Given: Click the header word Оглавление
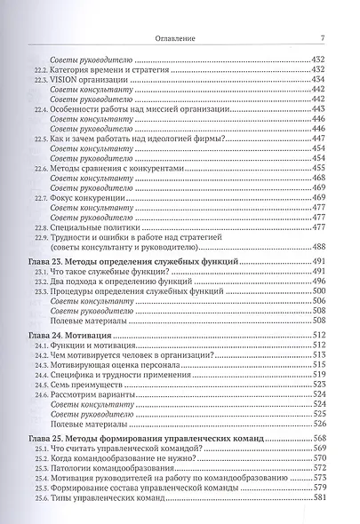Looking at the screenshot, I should click(x=180, y=38).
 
